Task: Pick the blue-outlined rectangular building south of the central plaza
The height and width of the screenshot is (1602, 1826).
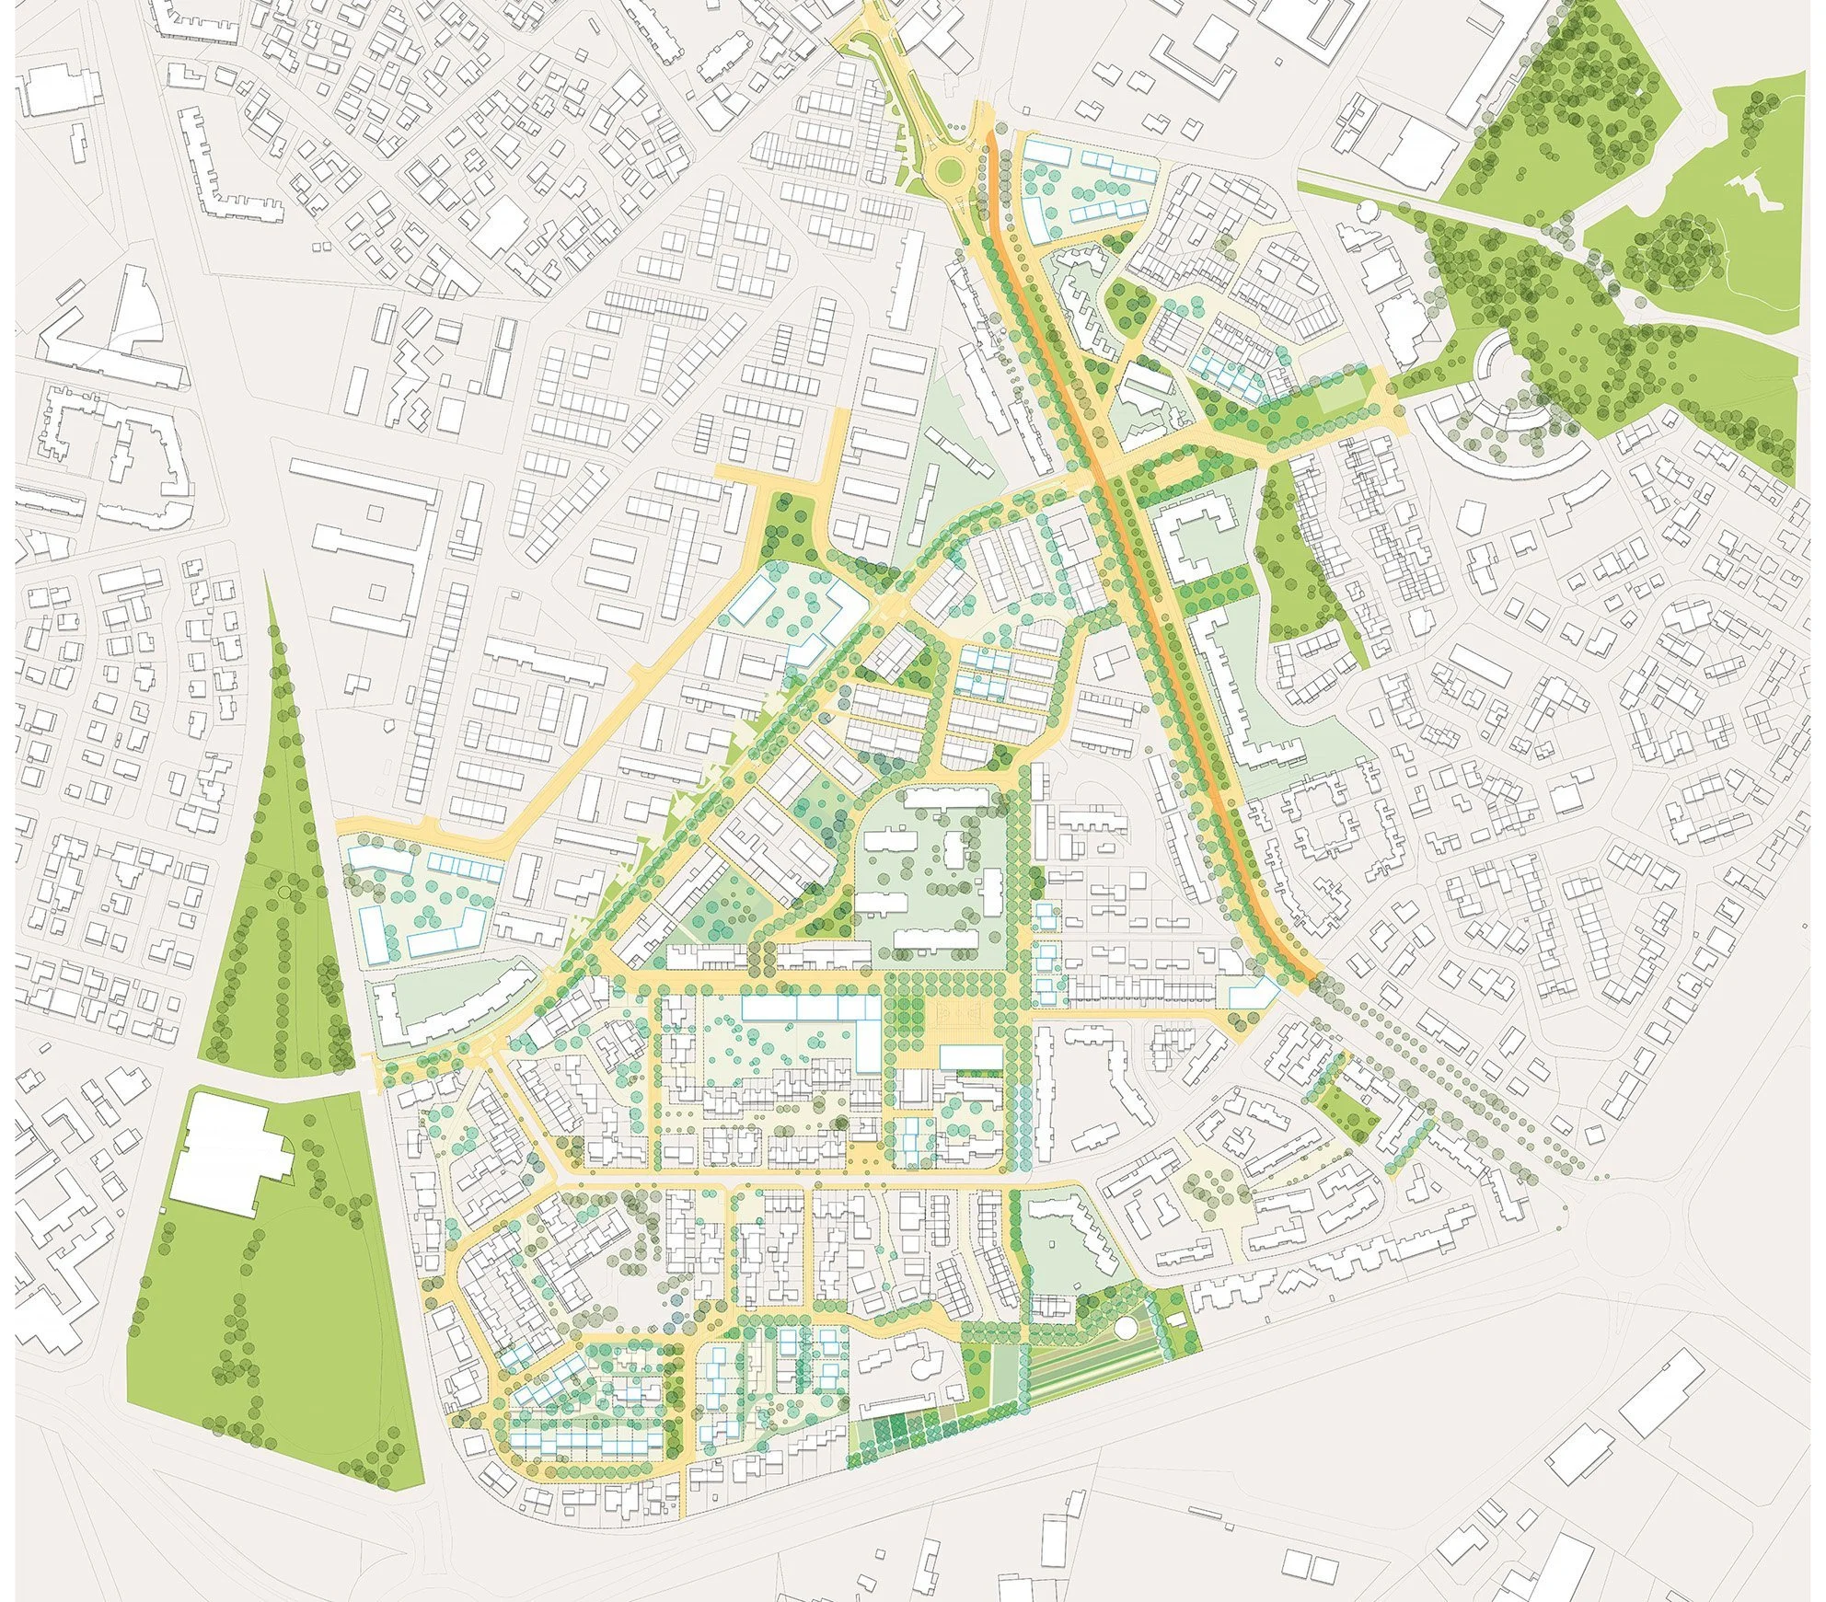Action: tap(970, 1056)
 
